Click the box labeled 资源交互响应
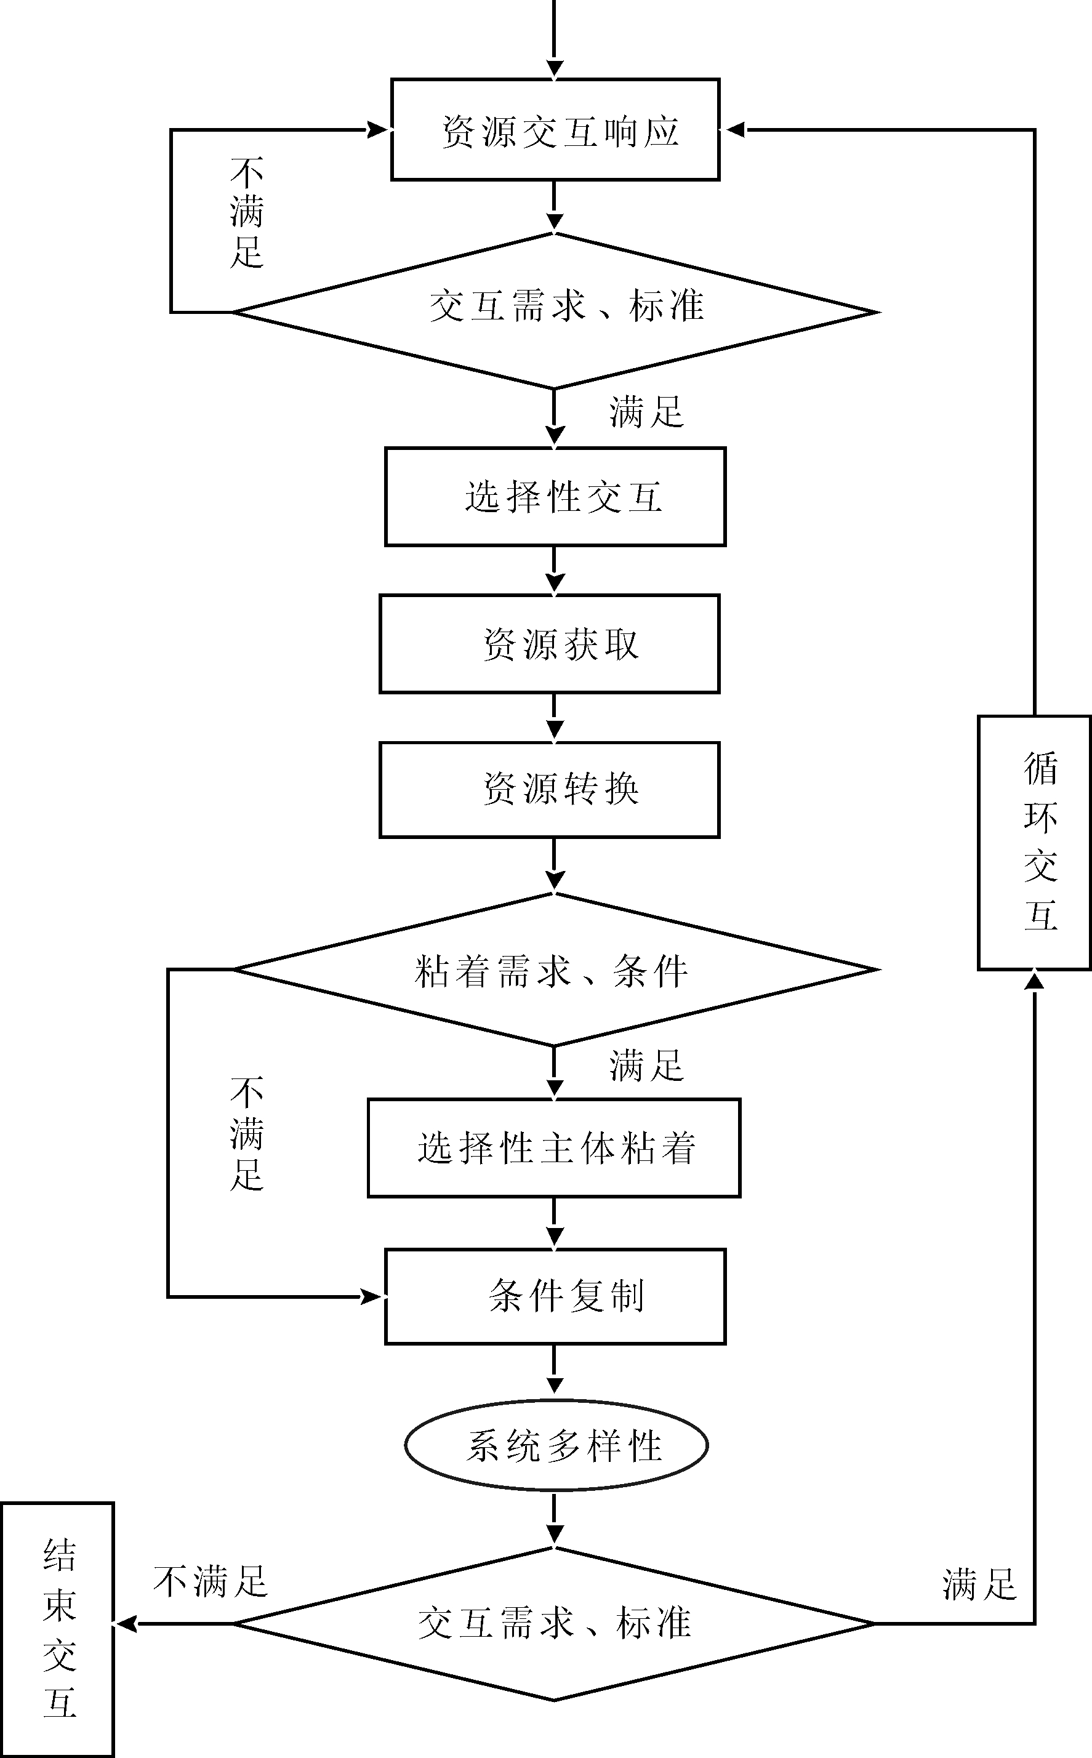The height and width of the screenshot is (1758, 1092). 555,130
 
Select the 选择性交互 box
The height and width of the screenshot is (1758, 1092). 555,497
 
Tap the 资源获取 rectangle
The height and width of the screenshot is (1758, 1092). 550,644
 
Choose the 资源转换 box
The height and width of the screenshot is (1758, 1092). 550,789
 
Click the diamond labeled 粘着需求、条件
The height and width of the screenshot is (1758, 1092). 555,969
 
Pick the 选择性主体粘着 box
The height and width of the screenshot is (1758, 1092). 554,1148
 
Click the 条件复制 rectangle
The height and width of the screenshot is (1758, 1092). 555,1297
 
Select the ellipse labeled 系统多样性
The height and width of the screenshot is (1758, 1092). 555,1445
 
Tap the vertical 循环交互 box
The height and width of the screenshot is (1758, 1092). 1034,843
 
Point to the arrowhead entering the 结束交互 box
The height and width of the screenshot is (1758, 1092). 126,1624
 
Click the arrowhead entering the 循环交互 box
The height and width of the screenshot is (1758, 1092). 1034,981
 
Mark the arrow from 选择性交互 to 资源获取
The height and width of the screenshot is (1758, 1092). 555,571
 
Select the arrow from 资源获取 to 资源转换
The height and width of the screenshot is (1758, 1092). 555,718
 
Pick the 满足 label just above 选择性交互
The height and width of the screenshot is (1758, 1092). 646,413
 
